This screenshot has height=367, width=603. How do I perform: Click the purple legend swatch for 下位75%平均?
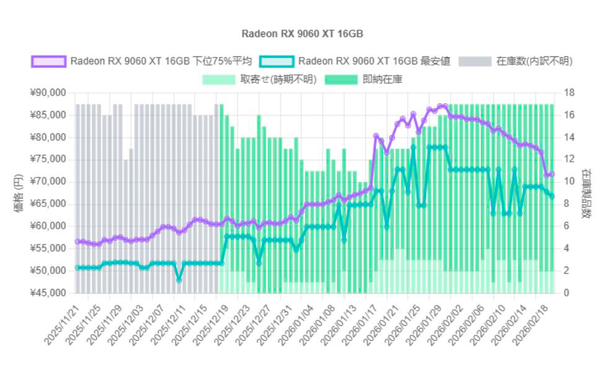pyautogui.click(x=48, y=61)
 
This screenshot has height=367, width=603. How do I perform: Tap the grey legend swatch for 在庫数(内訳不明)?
pyautogui.click(x=475, y=61)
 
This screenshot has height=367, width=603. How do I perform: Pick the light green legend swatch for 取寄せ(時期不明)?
pyautogui.click(x=219, y=79)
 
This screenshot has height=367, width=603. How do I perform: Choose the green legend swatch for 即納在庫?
pyautogui.click(x=341, y=79)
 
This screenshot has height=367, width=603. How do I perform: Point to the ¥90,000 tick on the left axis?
pyautogui.click(x=48, y=93)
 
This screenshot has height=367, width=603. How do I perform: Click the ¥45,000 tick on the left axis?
pyautogui.click(x=48, y=293)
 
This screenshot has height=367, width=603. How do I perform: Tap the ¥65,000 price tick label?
pyautogui.click(x=48, y=204)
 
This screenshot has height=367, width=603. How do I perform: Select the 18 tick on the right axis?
pyautogui.click(x=569, y=93)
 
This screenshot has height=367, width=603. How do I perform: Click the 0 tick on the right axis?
pyautogui.click(x=566, y=293)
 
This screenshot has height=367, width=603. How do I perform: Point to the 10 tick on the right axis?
pyautogui.click(x=569, y=182)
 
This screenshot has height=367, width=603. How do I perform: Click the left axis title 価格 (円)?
pyautogui.click(x=18, y=193)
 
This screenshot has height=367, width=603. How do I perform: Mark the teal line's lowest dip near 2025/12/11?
pyautogui.click(x=179, y=280)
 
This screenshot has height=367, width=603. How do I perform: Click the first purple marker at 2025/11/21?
pyautogui.click(x=77, y=241)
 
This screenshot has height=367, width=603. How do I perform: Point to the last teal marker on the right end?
pyautogui.click(x=552, y=197)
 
